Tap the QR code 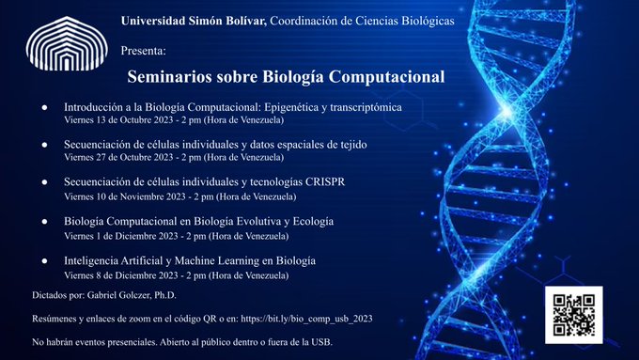(x=571, y=315)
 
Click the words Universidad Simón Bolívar (x=194, y=21)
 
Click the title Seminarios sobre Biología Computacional (x=286, y=75)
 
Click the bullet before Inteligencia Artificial (x=45, y=260)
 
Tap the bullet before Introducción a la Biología (x=45, y=107)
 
